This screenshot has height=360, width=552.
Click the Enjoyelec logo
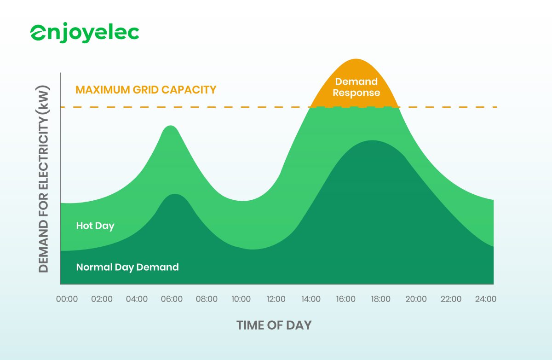[x=85, y=33]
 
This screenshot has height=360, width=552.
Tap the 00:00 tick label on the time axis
[x=67, y=299]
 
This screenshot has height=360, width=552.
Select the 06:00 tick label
[x=172, y=299]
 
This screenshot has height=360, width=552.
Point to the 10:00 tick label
[x=241, y=299]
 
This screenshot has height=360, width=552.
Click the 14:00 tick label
[x=311, y=299]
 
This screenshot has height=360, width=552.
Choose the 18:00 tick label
[x=381, y=299]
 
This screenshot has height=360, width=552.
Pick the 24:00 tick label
[x=485, y=299]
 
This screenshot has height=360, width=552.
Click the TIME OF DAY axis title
[x=274, y=325]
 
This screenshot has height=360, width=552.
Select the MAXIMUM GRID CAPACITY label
[x=146, y=90]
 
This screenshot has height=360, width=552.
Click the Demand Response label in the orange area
[x=356, y=87]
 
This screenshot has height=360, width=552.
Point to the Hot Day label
[x=95, y=226]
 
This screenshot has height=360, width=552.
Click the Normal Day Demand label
[x=127, y=267]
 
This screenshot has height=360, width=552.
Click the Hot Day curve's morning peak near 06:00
[x=171, y=126]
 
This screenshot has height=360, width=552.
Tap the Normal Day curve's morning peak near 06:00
[x=174, y=194]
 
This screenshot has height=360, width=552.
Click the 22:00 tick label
[x=451, y=299]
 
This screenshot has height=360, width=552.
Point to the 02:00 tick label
[x=102, y=299]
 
